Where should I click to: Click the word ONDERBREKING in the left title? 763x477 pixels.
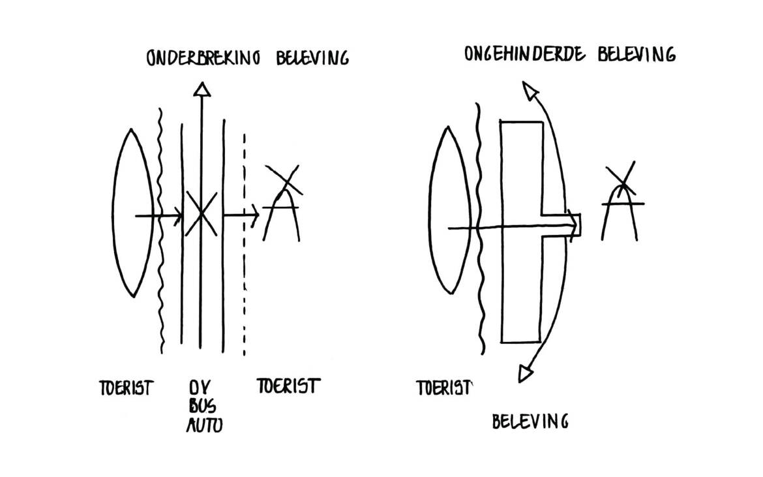point(203,58)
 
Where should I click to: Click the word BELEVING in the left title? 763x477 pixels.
point(312,58)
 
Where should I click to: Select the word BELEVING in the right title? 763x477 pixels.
point(636,54)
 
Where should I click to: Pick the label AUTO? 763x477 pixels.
point(205,425)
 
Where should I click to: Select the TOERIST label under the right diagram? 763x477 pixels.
point(444,388)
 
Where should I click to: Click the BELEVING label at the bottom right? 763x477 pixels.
point(530,421)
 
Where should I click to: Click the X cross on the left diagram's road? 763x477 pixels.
point(200,213)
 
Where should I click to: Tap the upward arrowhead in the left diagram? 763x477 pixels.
point(202,89)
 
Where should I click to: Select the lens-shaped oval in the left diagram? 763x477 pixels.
point(132,213)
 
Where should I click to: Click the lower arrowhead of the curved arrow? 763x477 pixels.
point(526,373)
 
